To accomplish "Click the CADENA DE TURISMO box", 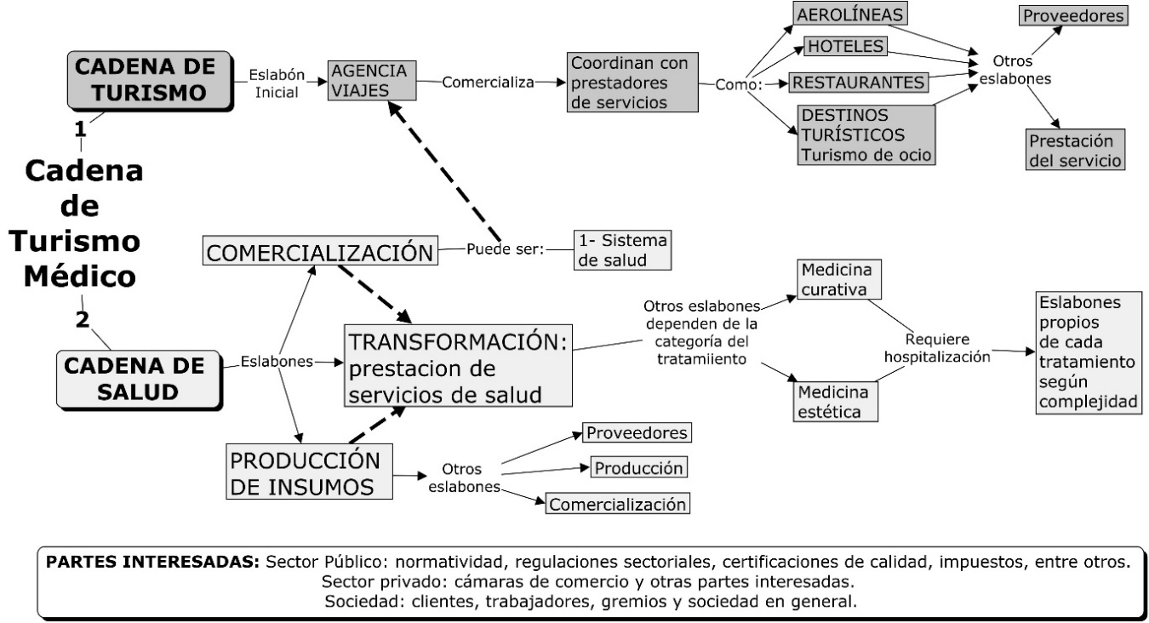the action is (x=150, y=81).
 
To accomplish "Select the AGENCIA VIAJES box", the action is (x=372, y=81).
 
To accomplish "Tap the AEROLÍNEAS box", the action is (x=850, y=14).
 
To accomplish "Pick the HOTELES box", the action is (x=845, y=46).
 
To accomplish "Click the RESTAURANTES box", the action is (x=858, y=83).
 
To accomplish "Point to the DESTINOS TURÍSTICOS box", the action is (x=866, y=134).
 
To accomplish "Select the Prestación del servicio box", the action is (x=1075, y=150).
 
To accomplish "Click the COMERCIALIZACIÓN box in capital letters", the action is (x=320, y=251).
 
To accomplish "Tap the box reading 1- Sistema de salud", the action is (x=622, y=250).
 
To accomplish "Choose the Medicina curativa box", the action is (x=838, y=279).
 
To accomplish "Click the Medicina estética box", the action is (x=835, y=402).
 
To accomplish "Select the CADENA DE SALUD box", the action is (x=139, y=380).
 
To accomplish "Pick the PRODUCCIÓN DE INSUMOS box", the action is (x=309, y=472).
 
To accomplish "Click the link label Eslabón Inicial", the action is (x=277, y=83).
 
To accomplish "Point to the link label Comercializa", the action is (x=488, y=82).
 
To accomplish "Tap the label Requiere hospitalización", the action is (x=937, y=347).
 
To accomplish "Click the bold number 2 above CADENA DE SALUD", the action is (x=82, y=319).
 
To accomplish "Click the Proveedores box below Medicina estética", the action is (x=637, y=432).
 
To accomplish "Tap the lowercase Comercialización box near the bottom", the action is (x=618, y=504).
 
